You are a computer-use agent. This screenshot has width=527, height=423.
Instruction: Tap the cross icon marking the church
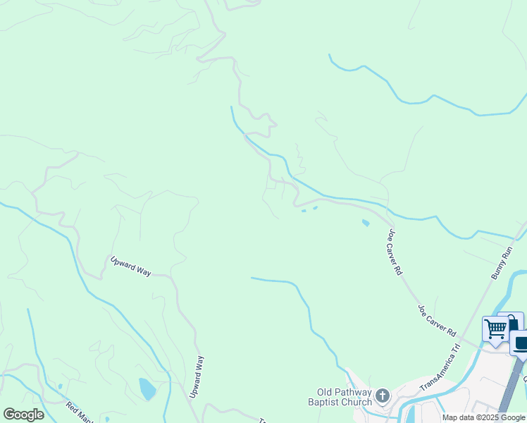click(383, 396)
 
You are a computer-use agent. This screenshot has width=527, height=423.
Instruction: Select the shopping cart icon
click(496, 329)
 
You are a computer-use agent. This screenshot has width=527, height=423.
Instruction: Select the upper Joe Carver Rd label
click(394, 251)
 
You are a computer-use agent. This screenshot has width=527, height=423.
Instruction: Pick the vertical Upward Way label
click(199, 376)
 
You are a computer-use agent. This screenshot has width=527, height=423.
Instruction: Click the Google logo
click(23, 415)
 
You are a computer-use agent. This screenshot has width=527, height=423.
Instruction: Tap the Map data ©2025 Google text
click(484, 417)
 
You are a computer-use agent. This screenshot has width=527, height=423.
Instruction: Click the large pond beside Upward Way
click(147, 389)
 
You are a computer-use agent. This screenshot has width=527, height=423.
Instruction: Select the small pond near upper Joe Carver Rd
click(365, 223)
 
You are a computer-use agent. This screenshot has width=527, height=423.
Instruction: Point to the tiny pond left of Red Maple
click(60, 386)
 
